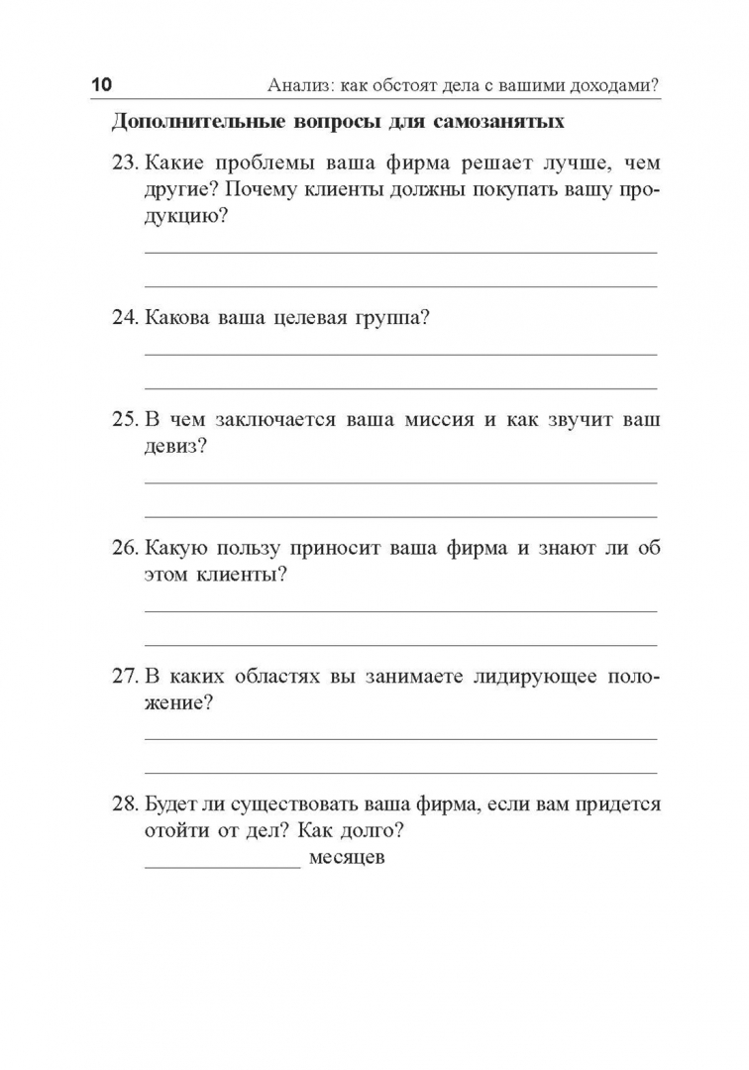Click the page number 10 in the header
pos(102,85)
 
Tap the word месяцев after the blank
pos(347,858)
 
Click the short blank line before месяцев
pos(222,864)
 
